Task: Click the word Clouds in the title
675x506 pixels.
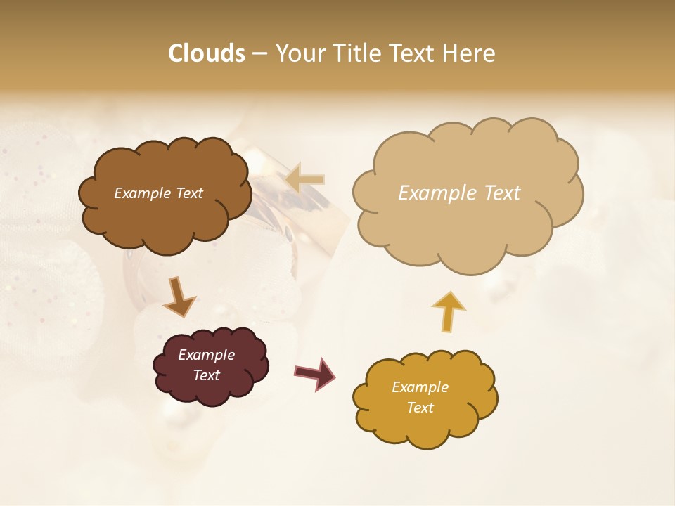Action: [x=207, y=53]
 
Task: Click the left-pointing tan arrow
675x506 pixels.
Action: [x=305, y=179]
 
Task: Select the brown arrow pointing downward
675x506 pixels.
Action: [x=179, y=297]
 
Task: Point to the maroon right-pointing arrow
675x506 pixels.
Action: [x=314, y=373]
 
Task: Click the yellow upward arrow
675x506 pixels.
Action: [x=448, y=311]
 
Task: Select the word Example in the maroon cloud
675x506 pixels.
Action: [x=206, y=355]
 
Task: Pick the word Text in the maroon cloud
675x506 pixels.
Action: [x=206, y=375]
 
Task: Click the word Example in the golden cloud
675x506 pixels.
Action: [x=420, y=387]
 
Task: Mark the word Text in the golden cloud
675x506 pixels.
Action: [x=420, y=408]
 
